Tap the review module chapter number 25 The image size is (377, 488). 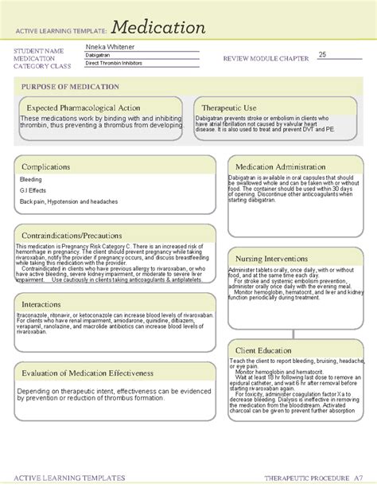(322, 54)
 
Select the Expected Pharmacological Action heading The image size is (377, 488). (84, 107)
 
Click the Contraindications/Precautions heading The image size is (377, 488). (79, 236)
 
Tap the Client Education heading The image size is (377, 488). (272, 350)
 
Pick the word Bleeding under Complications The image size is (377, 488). (31, 180)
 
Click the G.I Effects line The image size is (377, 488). (34, 191)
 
